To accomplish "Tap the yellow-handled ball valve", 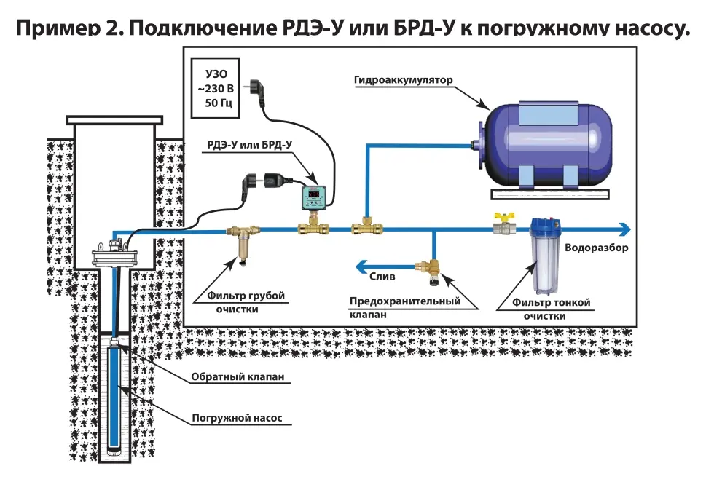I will (502, 225).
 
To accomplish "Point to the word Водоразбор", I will (596, 248).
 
